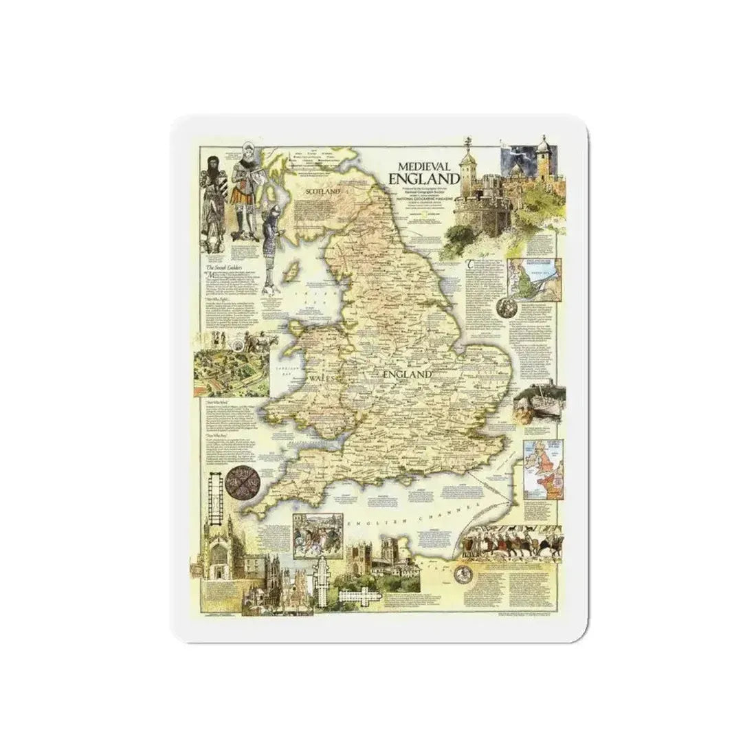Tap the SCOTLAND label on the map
coord(323,192)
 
